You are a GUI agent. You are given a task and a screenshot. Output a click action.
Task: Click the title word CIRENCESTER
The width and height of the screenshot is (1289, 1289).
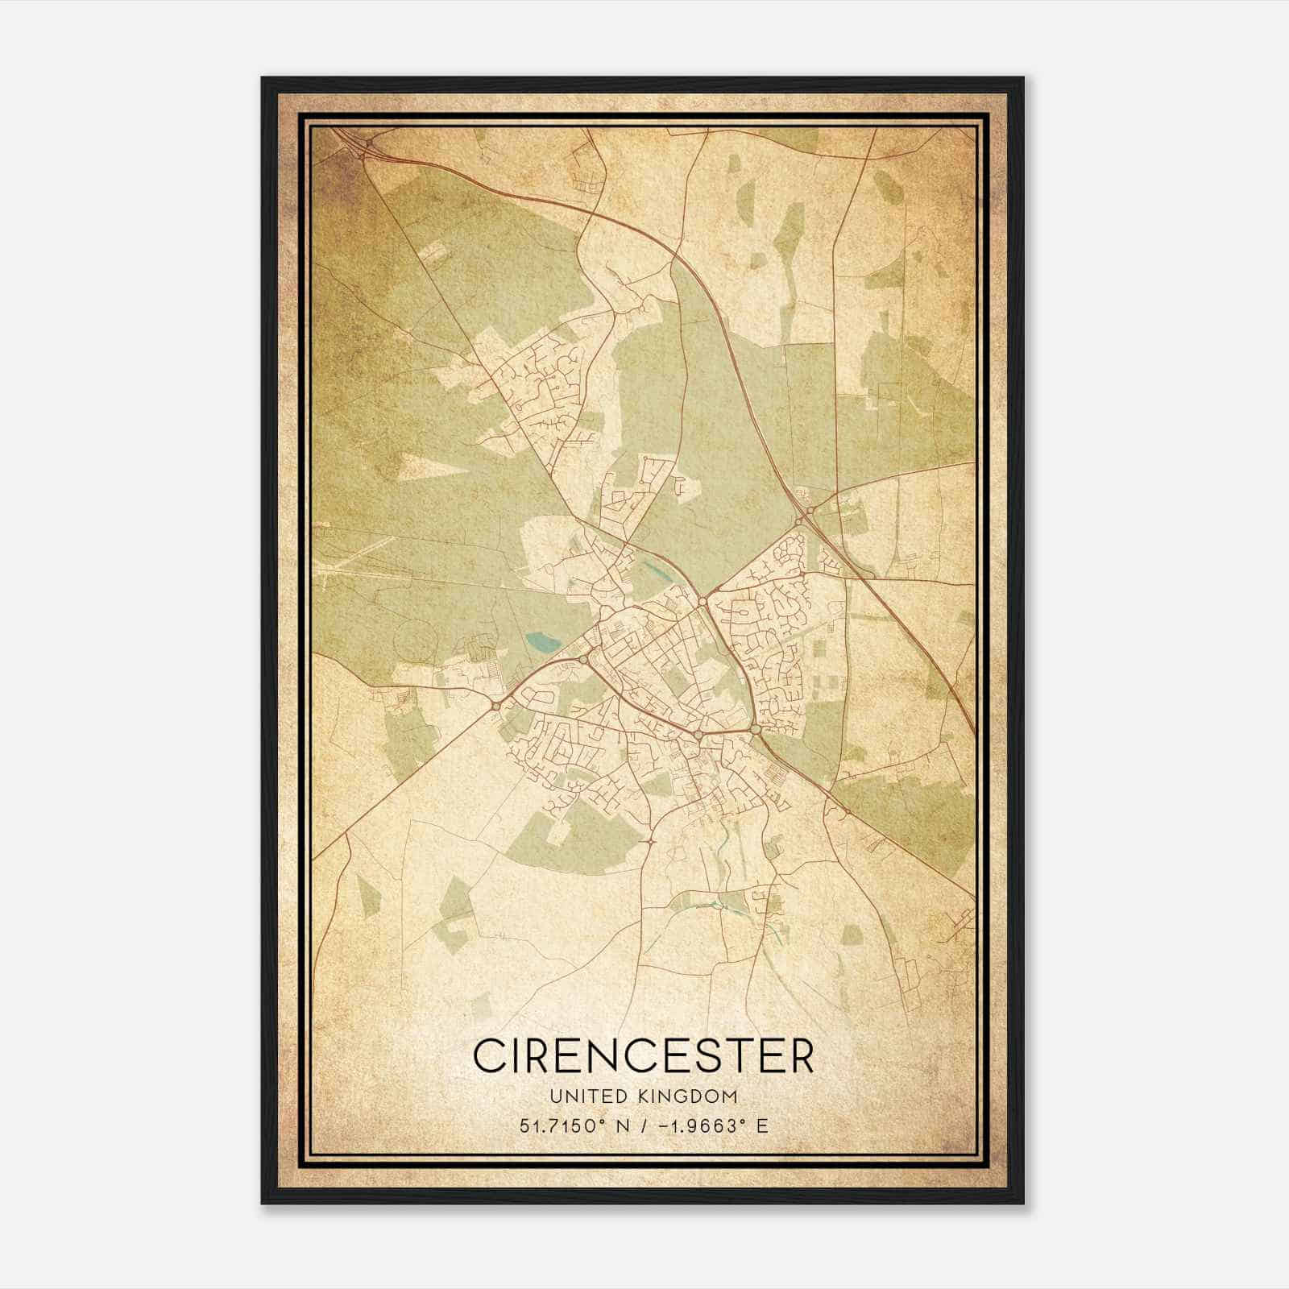click(x=644, y=1055)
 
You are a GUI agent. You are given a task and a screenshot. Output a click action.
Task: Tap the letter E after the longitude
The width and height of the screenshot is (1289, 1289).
click(x=761, y=1125)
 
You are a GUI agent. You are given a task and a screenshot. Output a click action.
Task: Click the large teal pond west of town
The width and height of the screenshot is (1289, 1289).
click(x=541, y=643)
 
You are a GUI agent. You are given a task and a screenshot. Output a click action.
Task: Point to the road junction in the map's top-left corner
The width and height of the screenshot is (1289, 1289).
click(x=367, y=144)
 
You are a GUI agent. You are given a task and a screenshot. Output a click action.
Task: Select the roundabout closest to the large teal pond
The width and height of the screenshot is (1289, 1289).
click(x=582, y=660)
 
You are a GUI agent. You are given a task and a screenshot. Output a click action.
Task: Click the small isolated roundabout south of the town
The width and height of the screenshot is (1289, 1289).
click(x=649, y=842)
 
